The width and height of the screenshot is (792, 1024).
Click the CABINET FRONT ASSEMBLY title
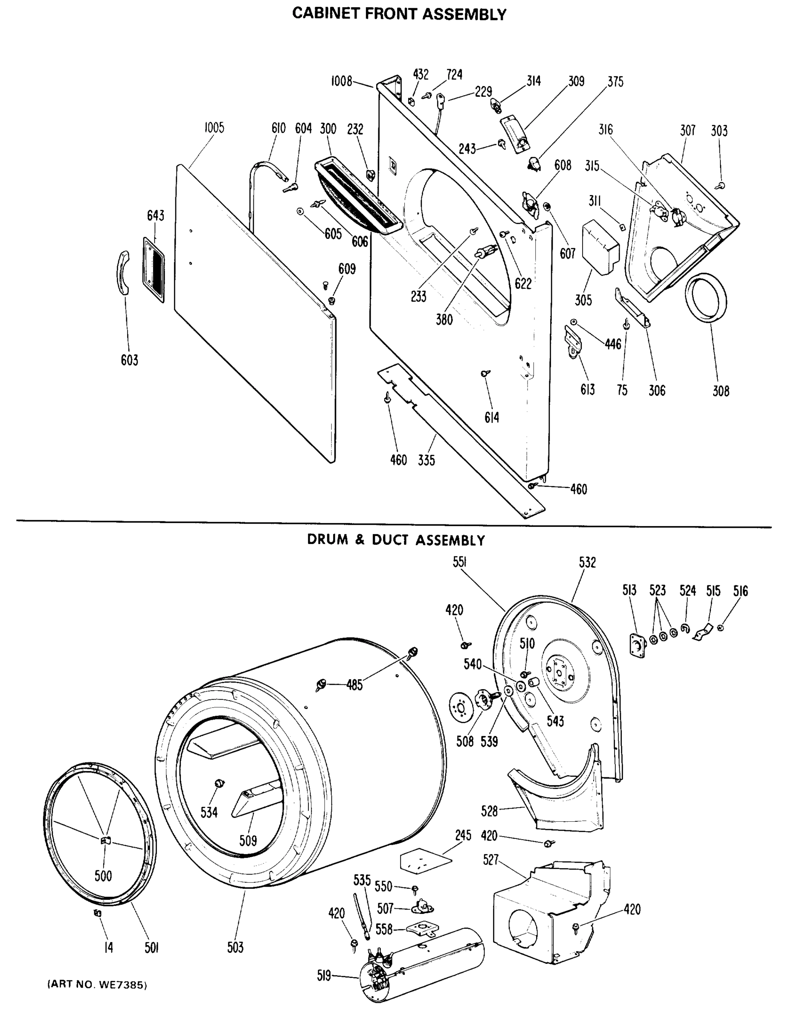399,14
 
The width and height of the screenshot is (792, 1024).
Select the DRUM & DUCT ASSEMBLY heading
395,540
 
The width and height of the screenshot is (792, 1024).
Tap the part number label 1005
214,128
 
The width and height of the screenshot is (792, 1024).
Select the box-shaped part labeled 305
599,247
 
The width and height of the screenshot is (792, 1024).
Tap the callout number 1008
341,81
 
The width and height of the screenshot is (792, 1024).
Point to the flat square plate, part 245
426,861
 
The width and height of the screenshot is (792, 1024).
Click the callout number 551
459,562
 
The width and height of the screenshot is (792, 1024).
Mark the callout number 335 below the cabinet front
426,460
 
